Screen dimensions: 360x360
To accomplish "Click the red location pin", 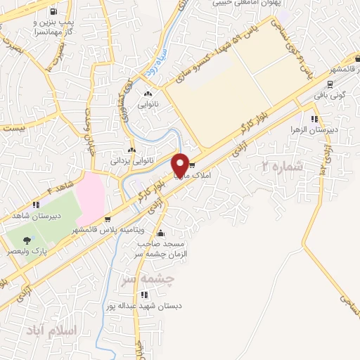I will [180, 165].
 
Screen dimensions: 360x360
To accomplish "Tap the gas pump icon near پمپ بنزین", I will [54, 12].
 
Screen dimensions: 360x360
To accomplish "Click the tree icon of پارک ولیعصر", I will [26, 240].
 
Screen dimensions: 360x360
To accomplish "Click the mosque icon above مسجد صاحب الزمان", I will [161, 233].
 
